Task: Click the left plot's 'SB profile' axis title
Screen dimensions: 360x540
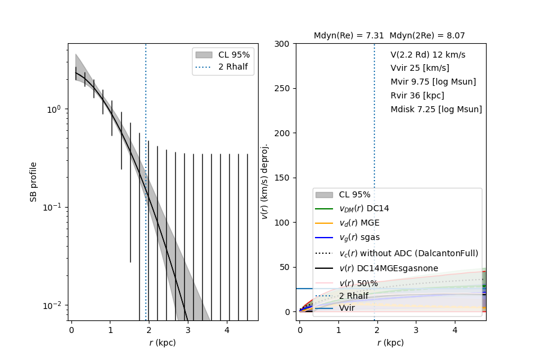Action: pos(34,181)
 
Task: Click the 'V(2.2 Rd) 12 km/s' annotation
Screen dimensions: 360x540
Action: pos(428,55)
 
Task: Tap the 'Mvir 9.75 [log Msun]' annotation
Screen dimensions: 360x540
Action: pos(433,82)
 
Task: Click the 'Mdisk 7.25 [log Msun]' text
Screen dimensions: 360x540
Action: pos(436,109)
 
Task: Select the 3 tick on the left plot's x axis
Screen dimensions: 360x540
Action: pos(188,329)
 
